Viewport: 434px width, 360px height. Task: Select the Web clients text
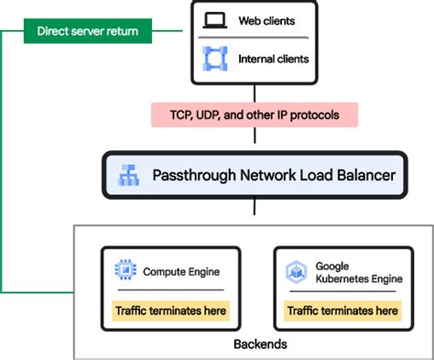[266, 19]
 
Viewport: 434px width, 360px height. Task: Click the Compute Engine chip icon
[125, 271]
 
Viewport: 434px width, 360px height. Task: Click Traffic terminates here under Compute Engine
[169, 311]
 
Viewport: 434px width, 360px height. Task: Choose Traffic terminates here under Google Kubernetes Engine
[342, 311]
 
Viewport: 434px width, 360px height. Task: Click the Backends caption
[257, 345]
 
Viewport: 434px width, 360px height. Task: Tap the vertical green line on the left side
[3, 165]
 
